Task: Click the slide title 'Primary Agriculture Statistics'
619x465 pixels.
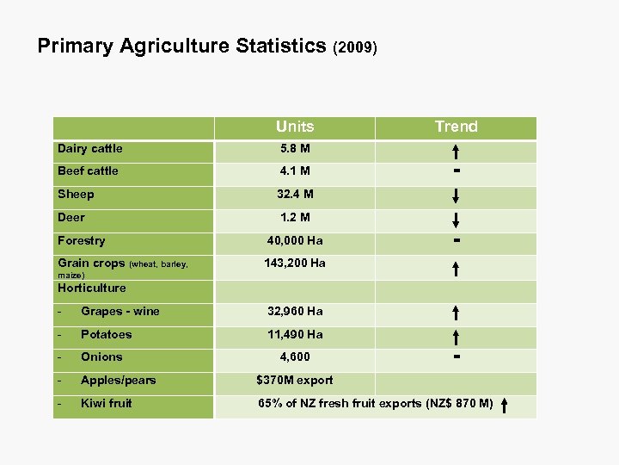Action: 182,46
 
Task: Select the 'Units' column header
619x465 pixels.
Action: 295,127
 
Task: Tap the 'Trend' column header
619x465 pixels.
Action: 456,127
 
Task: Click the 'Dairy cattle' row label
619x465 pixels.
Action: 90,149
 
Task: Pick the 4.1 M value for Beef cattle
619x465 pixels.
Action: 295,171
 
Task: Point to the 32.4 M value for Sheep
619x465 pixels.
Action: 295,195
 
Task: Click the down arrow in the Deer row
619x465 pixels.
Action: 456,219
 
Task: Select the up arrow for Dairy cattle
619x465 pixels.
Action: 456,152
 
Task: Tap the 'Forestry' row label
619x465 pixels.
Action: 82,241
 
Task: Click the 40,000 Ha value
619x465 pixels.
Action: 295,241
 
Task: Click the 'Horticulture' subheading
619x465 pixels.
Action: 92,288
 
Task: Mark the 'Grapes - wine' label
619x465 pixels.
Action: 120,312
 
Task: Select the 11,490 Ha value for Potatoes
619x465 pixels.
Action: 295,334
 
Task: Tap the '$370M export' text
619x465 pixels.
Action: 295,380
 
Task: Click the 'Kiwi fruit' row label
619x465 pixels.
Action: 107,403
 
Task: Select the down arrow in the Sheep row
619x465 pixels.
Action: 456,197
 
